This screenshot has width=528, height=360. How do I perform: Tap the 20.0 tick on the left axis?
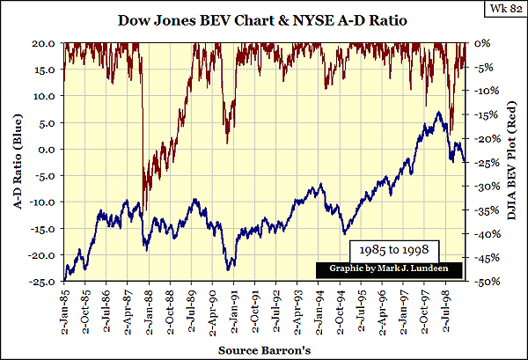click(46, 42)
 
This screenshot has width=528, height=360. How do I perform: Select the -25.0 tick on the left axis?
click(43, 282)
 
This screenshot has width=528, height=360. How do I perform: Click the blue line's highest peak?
click(437, 112)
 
